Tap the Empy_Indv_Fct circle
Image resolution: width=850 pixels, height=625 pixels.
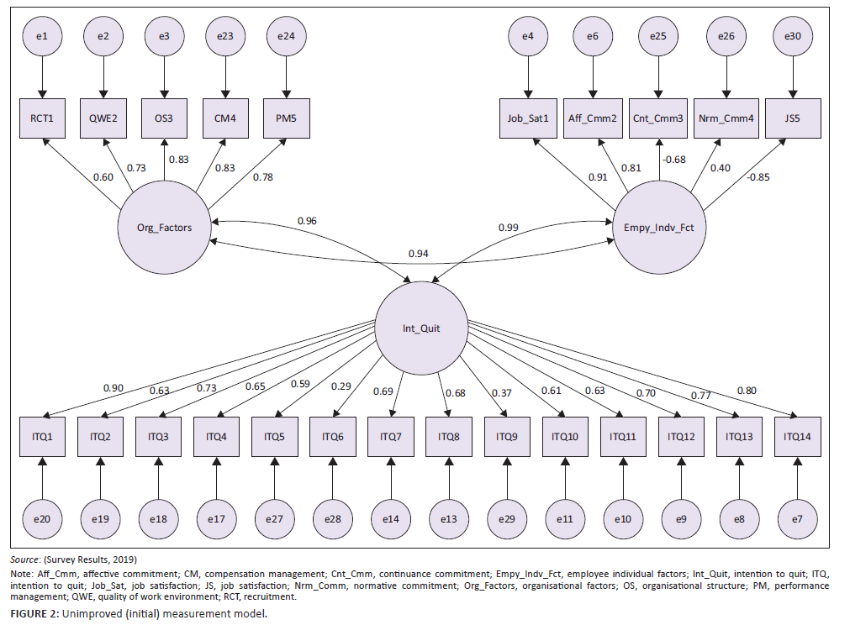tap(658, 228)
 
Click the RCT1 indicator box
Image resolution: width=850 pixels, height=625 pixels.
tap(44, 118)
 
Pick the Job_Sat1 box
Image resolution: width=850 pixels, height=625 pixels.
tap(528, 118)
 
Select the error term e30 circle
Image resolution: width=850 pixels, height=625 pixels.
tap(792, 36)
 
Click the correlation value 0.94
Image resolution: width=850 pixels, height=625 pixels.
tap(419, 254)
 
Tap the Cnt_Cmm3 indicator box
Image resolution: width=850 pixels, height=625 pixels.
tap(660, 118)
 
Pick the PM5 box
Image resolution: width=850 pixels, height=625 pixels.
tap(286, 118)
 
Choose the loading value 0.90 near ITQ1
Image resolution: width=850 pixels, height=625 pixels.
tap(114, 387)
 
